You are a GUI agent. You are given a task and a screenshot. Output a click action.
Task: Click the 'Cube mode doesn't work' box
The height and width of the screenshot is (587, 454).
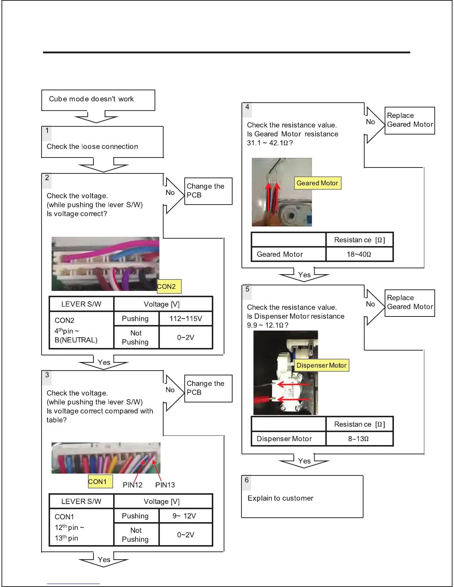click(x=98, y=100)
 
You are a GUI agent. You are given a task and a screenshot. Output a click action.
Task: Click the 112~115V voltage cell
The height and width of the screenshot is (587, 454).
click(x=186, y=319)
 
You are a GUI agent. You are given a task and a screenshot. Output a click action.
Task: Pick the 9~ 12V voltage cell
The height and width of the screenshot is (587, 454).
click(x=186, y=516)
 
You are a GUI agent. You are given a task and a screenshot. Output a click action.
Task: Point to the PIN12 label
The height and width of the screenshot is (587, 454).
click(x=132, y=485)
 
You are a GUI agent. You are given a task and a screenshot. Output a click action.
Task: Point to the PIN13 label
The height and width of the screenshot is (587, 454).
click(x=165, y=485)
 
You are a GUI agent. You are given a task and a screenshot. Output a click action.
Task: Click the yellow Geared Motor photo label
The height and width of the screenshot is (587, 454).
click(x=318, y=183)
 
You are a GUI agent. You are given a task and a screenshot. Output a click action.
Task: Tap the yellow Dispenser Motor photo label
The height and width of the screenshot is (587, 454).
click(x=321, y=365)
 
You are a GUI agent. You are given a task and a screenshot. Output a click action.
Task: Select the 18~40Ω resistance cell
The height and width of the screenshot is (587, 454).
click(x=359, y=254)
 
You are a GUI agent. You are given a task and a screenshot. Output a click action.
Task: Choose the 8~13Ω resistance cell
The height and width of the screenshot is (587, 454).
click(x=359, y=439)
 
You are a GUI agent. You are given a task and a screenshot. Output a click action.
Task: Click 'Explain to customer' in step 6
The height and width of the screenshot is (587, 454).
click(x=280, y=498)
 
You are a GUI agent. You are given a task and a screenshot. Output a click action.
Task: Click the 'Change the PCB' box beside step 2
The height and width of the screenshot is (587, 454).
click(x=208, y=191)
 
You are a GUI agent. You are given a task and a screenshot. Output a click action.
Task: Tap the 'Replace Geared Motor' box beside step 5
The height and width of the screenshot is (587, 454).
click(x=409, y=303)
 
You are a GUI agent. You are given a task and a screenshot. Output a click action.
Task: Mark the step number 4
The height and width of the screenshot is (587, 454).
click(x=247, y=107)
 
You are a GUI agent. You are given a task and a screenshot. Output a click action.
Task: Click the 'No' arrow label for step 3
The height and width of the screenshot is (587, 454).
click(x=170, y=390)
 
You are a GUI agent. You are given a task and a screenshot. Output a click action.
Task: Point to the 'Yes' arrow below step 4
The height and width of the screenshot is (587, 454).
click(x=304, y=275)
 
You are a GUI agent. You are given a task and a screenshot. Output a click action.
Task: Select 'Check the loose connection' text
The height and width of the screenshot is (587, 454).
click(x=92, y=147)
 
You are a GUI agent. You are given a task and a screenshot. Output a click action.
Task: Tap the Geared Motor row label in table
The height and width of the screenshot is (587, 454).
click(x=280, y=255)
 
